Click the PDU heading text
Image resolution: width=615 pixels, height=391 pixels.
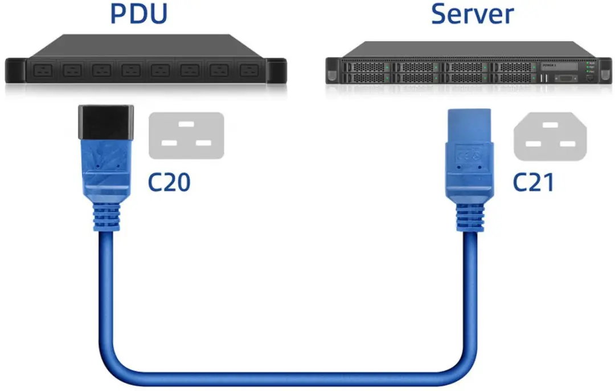pyautogui.click(x=139, y=14)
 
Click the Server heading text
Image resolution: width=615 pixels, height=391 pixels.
pyautogui.click(x=472, y=14)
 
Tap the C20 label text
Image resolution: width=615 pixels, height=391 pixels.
pyautogui.click(x=169, y=182)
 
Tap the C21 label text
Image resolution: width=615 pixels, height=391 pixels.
pyautogui.click(x=534, y=182)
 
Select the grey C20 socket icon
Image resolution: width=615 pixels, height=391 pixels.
pyautogui.click(x=186, y=136)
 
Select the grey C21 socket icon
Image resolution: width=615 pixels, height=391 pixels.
pyautogui.click(x=550, y=136)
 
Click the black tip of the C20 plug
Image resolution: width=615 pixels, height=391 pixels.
pyautogui.click(x=106, y=122)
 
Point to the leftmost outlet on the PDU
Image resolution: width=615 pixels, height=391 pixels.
pyautogui.click(x=43, y=71)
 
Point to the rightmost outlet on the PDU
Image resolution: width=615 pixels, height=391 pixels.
pyautogui.click(x=249, y=71)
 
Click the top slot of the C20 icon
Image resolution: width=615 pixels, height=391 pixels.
pyautogui.click(x=186, y=124)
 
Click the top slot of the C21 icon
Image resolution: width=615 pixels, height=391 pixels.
pyautogui.click(x=550, y=125)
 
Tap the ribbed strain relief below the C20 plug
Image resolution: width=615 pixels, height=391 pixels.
pyautogui.click(x=106, y=217)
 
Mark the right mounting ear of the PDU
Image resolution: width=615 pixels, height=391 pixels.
pyautogui.click(x=276, y=71)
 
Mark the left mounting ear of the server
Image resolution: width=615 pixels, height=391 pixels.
pyautogui.click(x=332, y=71)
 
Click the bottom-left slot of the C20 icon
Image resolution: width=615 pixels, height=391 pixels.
pyautogui.click(x=170, y=143)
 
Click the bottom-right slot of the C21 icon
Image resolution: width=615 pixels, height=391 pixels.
pyautogui.click(x=568, y=144)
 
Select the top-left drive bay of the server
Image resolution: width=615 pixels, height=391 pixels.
pyautogui.click(x=367, y=67)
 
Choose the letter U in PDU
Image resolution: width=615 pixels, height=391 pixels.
pyautogui.click(x=158, y=14)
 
